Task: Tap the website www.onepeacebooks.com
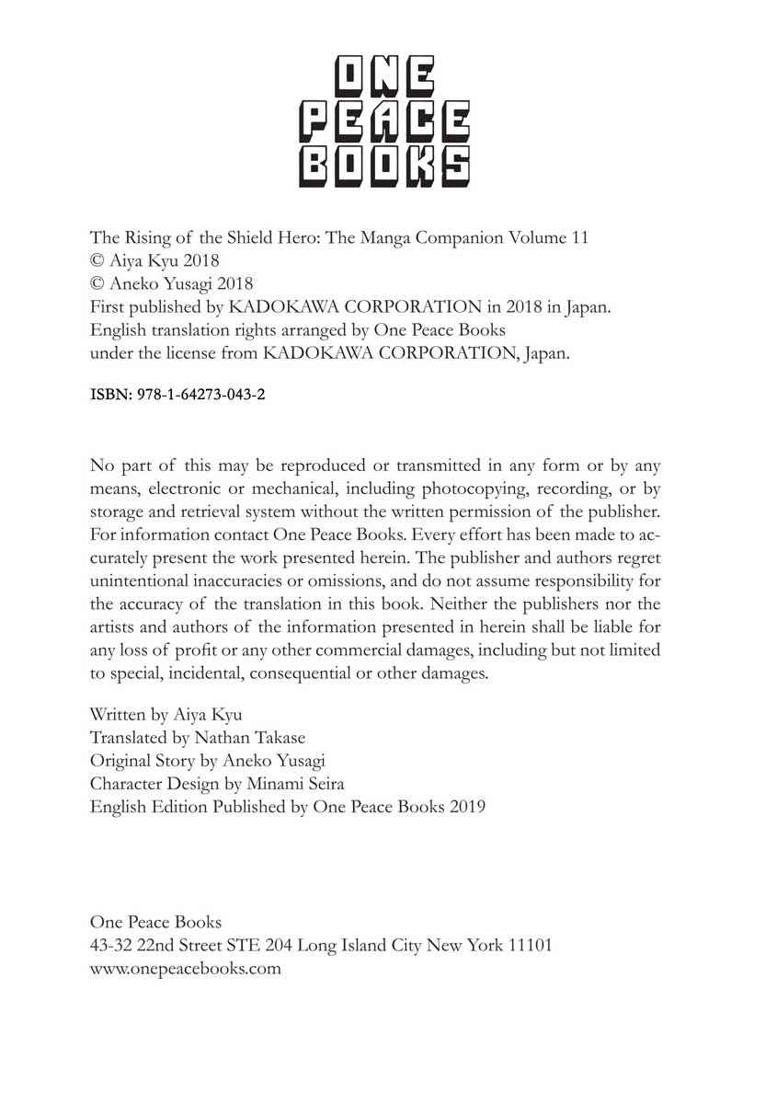point(185,968)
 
